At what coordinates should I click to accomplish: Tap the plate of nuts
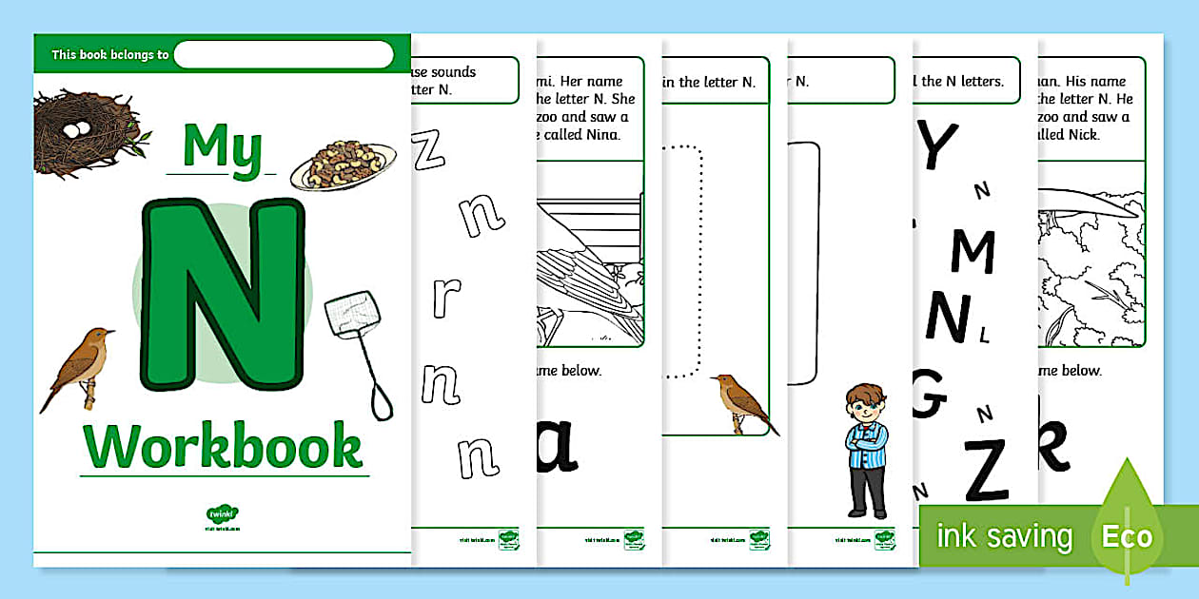[343, 164]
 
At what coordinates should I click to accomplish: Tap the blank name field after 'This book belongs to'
[284, 55]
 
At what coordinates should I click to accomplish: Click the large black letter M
[972, 251]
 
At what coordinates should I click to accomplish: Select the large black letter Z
[984, 469]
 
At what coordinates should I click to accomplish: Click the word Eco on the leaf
[1128, 536]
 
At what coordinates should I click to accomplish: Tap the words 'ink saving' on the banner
[1004, 536]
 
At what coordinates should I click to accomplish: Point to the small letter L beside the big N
[984, 334]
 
